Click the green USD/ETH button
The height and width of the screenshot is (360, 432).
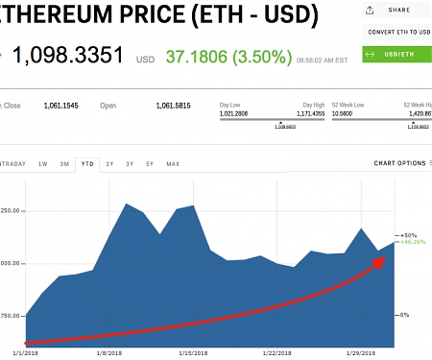point(396,54)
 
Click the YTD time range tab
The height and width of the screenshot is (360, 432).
point(86,164)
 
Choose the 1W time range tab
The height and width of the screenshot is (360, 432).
point(43,164)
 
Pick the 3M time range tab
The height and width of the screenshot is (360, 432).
point(64,164)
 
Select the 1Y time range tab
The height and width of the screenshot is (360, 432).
point(108,164)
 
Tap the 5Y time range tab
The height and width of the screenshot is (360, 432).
point(150,164)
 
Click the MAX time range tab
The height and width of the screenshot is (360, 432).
point(173,164)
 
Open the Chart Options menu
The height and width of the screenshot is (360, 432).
point(400,163)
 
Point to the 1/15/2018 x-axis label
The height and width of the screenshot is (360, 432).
point(193,353)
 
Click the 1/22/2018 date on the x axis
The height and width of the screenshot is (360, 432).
point(277,353)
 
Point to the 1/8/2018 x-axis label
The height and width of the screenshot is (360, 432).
point(108,353)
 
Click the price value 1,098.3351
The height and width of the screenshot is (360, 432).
point(70,55)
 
